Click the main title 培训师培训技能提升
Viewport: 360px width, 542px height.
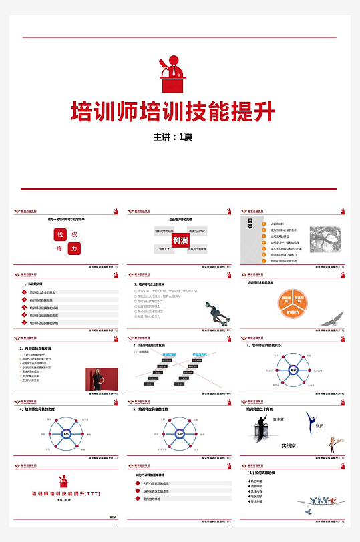tap(173, 111)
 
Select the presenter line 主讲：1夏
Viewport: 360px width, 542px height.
tap(173, 138)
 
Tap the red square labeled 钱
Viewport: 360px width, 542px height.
tap(59, 235)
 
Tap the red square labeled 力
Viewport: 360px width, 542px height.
tap(75, 248)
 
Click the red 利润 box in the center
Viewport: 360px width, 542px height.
tap(180, 240)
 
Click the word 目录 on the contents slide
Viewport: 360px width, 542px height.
tap(251, 224)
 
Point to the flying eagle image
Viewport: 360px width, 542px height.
tap(328, 321)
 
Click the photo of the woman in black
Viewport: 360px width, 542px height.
tap(101, 380)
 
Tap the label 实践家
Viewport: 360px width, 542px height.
tap(289, 445)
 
